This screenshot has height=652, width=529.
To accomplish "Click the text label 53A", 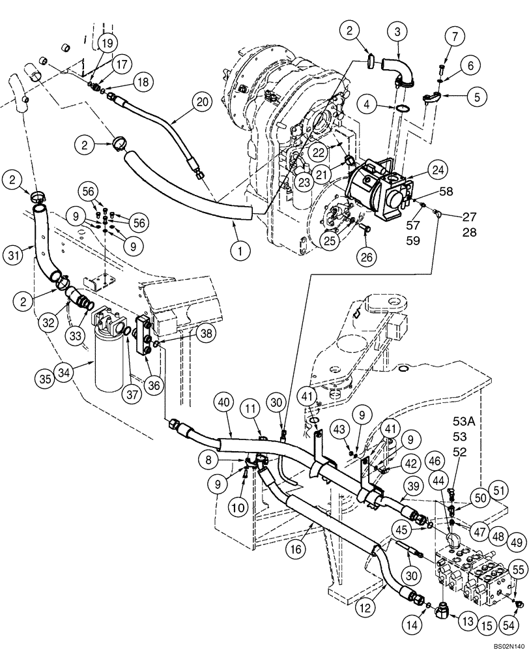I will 466,422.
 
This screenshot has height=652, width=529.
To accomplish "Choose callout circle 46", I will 433,461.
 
